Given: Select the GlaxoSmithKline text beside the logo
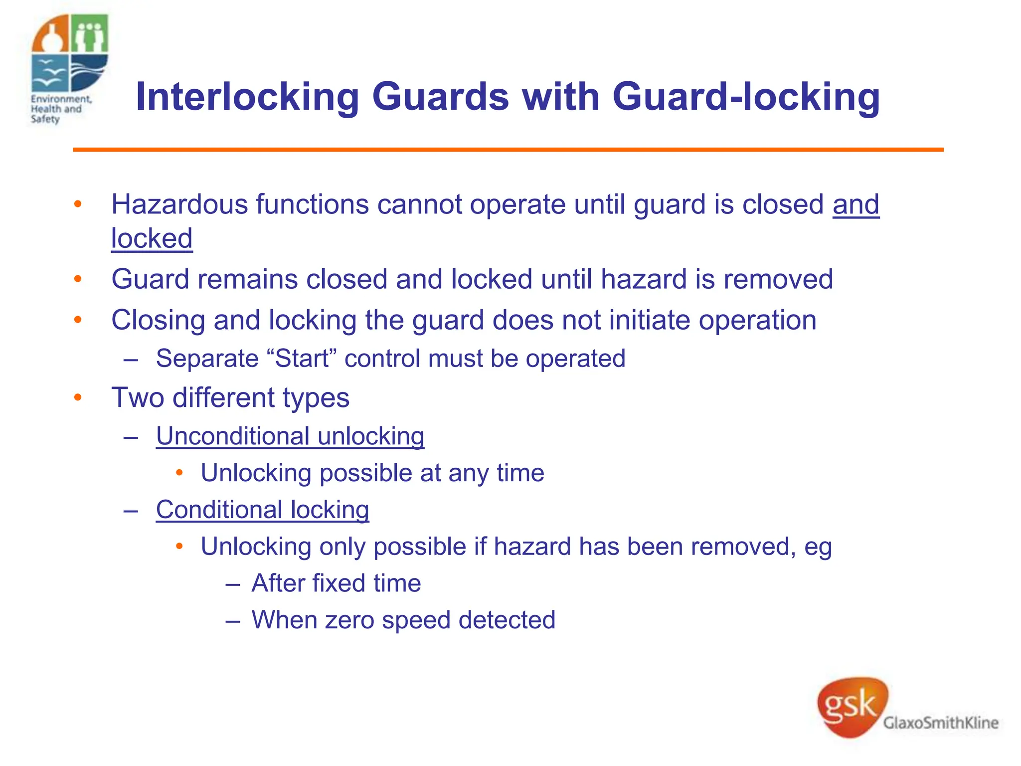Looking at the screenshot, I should (940, 723).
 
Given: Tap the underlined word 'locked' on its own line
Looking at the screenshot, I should (152, 238).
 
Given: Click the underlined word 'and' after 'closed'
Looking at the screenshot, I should (855, 204).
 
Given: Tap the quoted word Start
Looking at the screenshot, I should (302, 359).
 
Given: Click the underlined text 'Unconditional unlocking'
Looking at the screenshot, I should (290, 436).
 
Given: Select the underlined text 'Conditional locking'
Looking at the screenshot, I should (262, 510).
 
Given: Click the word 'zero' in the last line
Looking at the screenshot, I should (349, 620).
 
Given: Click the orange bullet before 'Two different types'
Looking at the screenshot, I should (78, 397).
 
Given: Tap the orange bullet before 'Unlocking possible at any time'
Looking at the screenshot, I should (180, 472).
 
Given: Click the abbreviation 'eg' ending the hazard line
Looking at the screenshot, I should (818, 547).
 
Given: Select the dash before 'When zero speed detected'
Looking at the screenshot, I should (232, 620).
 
